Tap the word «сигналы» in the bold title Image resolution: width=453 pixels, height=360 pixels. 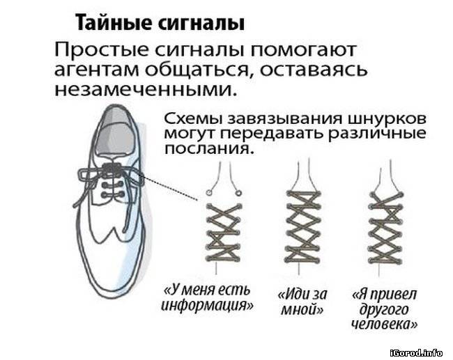[x=201, y=24]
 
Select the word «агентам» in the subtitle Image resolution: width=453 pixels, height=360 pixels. [x=96, y=70]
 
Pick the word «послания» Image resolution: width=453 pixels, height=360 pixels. [x=210, y=149]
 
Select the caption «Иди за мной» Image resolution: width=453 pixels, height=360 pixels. [x=302, y=302]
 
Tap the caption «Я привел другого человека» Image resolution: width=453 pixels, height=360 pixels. [x=385, y=309]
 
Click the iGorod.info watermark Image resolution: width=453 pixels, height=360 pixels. [x=416, y=353]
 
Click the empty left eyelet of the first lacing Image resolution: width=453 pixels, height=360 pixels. [x=208, y=192]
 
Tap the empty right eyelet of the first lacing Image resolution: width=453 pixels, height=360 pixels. [x=238, y=192]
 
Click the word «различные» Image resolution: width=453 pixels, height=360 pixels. [x=378, y=134]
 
